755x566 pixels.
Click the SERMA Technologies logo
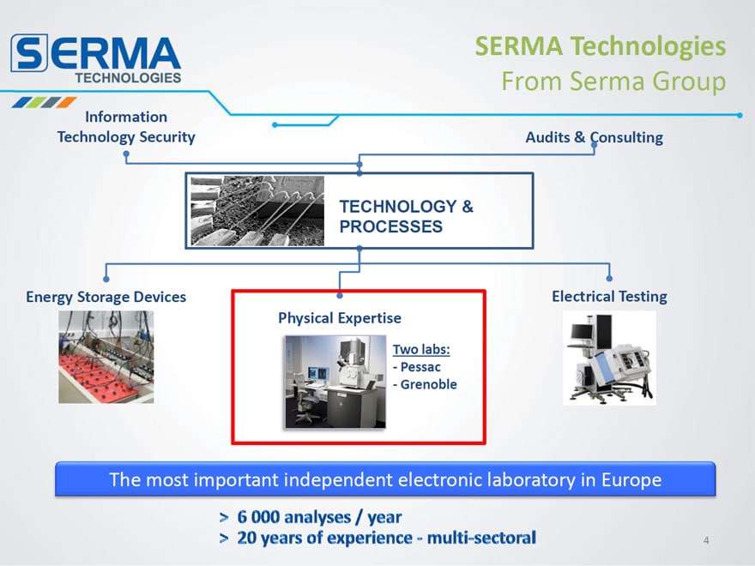coord(96,59)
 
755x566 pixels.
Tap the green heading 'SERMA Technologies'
coord(601,46)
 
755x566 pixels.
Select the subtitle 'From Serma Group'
coord(614,81)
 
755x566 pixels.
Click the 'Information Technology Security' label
coord(126,127)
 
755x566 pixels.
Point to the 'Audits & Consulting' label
coord(595,138)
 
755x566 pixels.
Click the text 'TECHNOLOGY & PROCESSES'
coord(407,217)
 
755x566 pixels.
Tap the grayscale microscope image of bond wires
coord(257,211)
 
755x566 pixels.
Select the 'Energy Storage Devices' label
coord(106,297)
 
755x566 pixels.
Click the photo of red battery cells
coord(106,357)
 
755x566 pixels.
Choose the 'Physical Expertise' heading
coord(340,318)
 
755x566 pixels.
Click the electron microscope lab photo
coord(335,382)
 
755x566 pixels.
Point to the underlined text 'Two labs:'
coord(421,349)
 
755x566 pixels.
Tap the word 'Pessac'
coord(420,367)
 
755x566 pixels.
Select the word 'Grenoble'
coord(428,384)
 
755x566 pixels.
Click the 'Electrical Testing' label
coord(610,297)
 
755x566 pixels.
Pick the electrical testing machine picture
coord(610,358)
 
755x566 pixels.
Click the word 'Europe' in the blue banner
coord(631,480)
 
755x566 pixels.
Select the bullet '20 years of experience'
coord(324,538)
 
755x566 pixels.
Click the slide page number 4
coord(706,540)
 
